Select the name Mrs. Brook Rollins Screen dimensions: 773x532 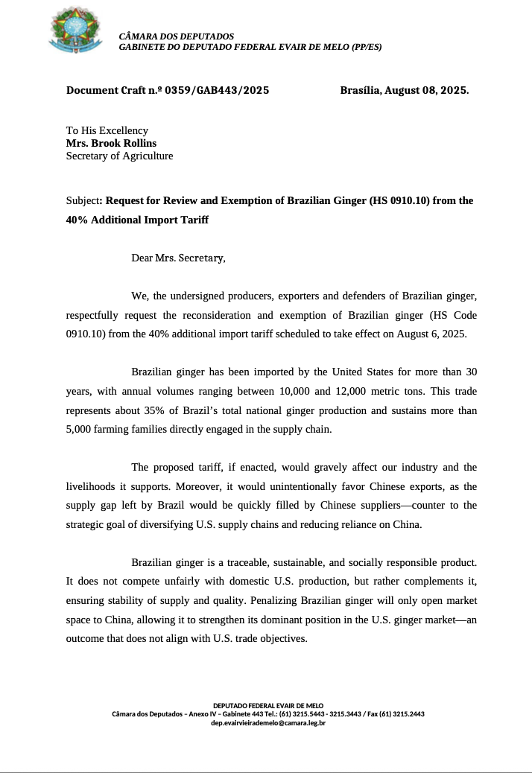point(111,143)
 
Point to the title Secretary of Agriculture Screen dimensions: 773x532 point(119,156)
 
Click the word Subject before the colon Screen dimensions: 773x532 point(82,200)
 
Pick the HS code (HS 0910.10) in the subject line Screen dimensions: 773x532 point(398,200)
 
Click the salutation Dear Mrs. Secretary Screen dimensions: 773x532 point(177,258)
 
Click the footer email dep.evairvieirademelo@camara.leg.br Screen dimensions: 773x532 point(267,722)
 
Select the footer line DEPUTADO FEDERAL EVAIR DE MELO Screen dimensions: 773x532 point(267,704)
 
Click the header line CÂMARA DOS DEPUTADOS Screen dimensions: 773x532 point(176,36)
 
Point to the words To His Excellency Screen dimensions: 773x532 point(107,130)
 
